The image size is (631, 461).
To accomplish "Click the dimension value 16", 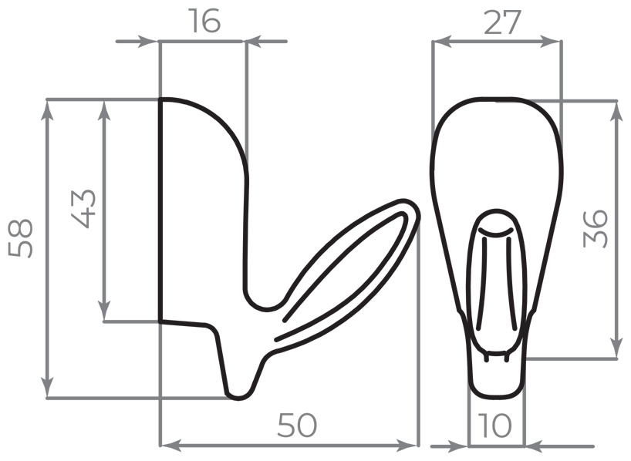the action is [x=205, y=22].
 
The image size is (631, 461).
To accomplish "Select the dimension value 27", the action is [x=502, y=22].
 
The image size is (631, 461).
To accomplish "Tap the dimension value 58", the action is [x=20, y=238].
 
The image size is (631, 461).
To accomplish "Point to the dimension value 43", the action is [x=84, y=208].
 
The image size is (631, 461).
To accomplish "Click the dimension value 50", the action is [x=298, y=426].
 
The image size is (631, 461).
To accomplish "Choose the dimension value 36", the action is [x=595, y=228].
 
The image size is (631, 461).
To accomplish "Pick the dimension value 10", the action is [x=496, y=426].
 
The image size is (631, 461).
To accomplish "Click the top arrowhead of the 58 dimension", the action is [x=48, y=110].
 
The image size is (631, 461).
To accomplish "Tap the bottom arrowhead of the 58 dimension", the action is [x=48, y=387].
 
